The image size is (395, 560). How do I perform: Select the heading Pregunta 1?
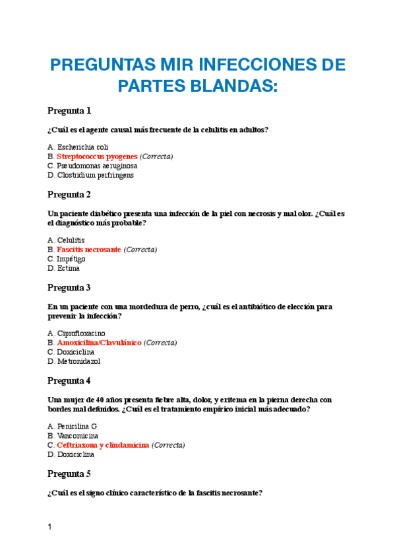(69, 110)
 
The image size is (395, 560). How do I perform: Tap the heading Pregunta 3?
(69, 288)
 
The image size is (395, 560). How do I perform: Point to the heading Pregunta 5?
(69, 474)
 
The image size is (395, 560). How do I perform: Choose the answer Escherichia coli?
(82, 147)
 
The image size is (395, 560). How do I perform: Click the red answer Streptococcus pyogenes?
(97, 157)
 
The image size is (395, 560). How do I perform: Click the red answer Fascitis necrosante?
(88, 250)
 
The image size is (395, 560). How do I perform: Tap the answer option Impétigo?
(71, 259)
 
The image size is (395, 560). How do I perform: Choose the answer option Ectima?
(68, 269)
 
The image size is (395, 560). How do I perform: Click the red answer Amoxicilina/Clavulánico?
(99, 343)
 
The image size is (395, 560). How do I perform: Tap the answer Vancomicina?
(78, 436)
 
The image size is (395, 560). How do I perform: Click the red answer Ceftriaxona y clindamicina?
(103, 445)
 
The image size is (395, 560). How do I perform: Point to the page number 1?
(49, 527)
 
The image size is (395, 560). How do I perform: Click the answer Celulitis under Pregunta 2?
(71, 240)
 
